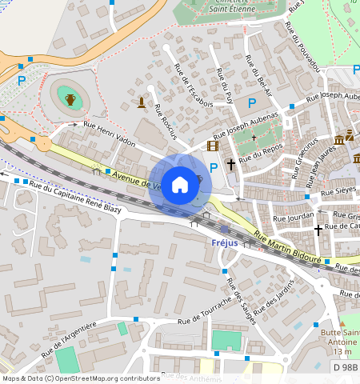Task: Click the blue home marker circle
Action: point(180,185)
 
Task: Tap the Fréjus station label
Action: point(226,241)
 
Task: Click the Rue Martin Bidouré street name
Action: point(286,248)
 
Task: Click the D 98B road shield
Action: point(344,367)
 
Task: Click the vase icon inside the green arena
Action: point(70,99)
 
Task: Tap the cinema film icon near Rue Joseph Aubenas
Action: point(212,146)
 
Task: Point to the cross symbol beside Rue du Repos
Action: point(231,164)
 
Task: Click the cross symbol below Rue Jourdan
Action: point(318,230)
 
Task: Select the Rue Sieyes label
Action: point(338,194)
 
